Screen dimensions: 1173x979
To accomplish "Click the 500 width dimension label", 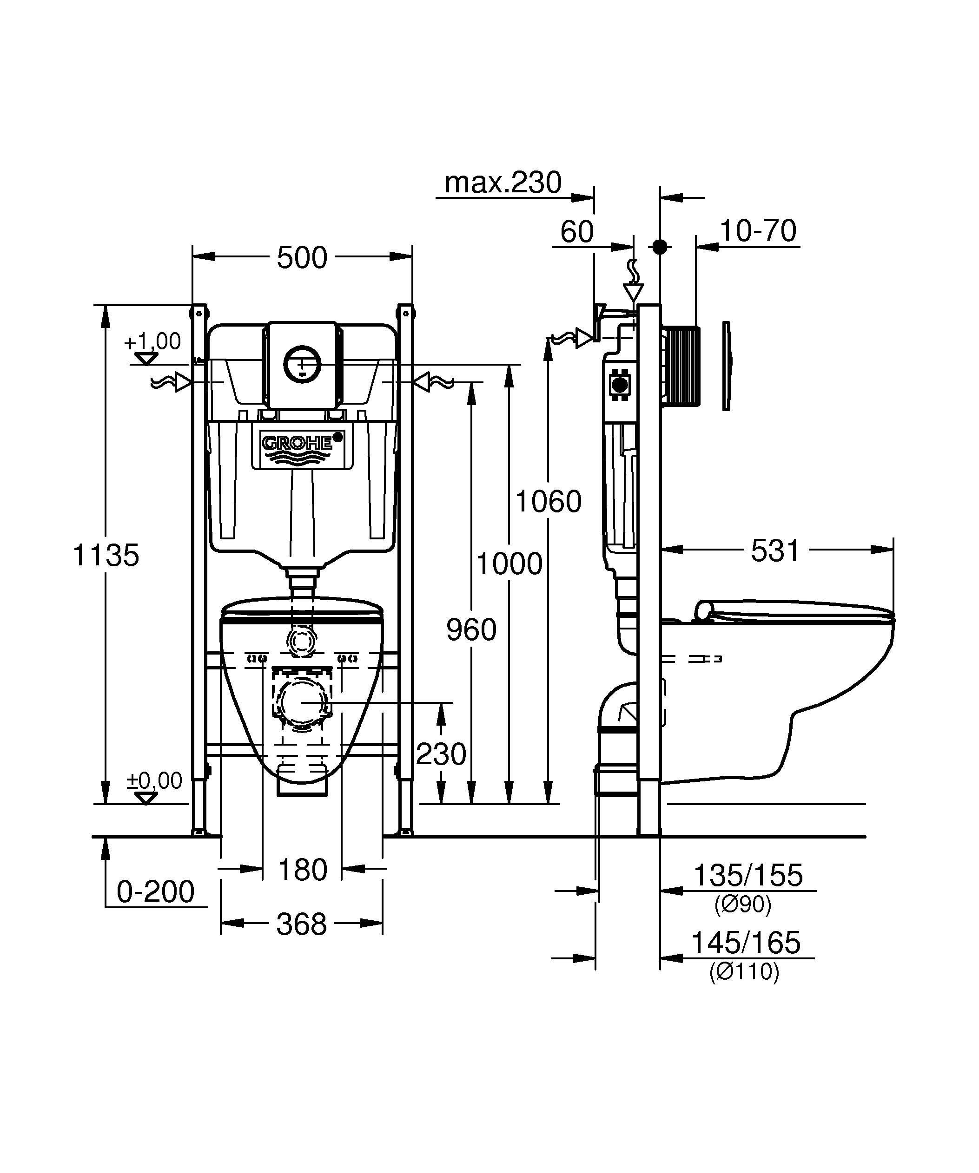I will tap(302, 258).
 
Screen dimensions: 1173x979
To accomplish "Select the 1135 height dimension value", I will tap(106, 555).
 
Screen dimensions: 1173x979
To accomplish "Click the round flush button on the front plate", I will tap(302, 364).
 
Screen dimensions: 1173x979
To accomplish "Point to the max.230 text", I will tap(503, 183).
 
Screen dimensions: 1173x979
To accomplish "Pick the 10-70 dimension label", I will tap(758, 231).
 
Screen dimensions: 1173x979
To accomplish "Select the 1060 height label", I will tap(548, 502).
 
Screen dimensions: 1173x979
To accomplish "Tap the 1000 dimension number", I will tap(509, 564).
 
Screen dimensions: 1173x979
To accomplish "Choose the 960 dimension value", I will tap(471, 630).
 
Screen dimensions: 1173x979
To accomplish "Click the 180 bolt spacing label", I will tap(302, 870).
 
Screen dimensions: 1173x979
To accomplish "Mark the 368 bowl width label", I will tap(301, 924).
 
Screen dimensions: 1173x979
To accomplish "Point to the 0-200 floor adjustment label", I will tap(155, 891).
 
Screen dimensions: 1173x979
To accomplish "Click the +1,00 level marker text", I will tap(152, 341).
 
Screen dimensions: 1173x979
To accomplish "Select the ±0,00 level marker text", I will tap(154, 780).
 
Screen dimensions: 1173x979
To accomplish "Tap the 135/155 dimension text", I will tap(747, 875).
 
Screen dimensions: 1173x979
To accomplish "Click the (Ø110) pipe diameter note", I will tap(744, 972).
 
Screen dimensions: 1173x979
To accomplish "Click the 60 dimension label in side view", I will tap(577, 232).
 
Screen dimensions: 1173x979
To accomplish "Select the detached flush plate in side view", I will tap(727, 366).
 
